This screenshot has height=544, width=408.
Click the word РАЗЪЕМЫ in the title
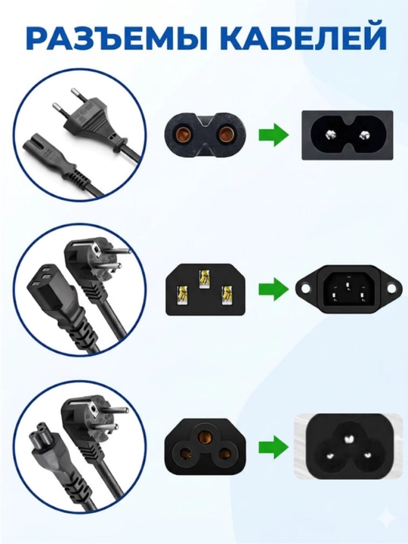[x=116, y=39]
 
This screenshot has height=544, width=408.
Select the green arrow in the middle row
[x=274, y=289]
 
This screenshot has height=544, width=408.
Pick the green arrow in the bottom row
[x=274, y=447]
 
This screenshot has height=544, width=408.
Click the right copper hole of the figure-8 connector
[x=226, y=135]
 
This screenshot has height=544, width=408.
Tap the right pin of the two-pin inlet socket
[x=364, y=134]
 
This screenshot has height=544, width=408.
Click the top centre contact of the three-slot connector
[x=205, y=279]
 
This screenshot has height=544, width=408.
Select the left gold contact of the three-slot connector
[x=184, y=295]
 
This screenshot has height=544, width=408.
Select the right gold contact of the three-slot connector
[x=227, y=295]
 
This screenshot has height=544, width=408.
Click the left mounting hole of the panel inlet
[x=304, y=289]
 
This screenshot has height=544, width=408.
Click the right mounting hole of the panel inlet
[x=391, y=289]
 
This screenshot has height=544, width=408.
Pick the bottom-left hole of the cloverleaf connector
[x=187, y=454]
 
